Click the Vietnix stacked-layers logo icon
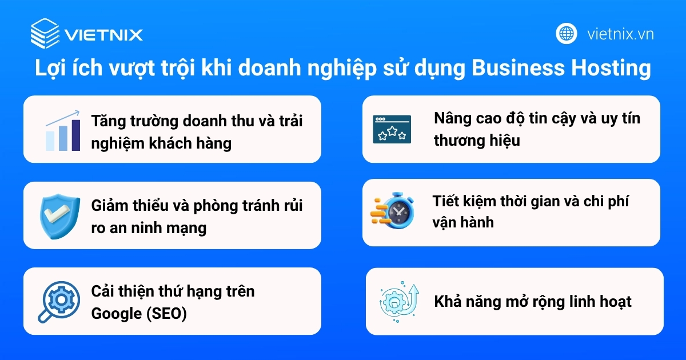tap(45, 34)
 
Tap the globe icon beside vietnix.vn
tap(567, 34)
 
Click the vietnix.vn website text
tap(620, 34)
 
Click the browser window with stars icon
tap(392, 129)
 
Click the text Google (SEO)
tap(139, 314)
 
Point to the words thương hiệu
tap(477, 140)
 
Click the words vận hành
tap(462, 222)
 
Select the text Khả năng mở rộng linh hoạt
tap(532, 301)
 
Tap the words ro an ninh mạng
tap(149, 228)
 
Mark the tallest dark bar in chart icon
tap(75, 135)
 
